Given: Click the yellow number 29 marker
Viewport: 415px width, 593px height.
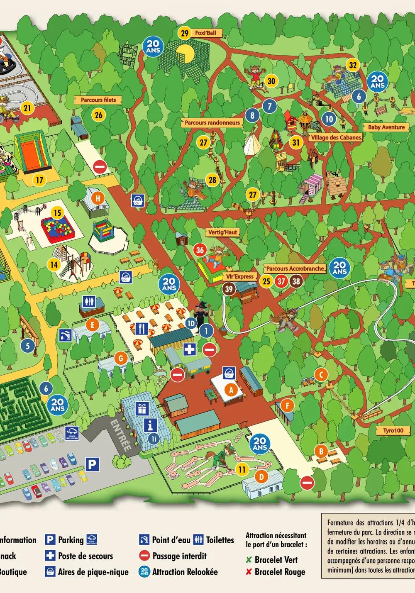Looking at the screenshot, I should tap(185, 33).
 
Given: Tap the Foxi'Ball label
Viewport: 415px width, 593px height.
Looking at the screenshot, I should tap(209, 33).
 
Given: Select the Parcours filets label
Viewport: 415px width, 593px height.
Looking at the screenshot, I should tap(98, 100).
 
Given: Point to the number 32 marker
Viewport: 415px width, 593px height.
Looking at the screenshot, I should tap(353, 65).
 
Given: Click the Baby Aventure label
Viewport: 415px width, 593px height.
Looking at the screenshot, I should tap(386, 127).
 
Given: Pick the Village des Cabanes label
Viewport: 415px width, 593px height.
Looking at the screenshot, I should tap(336, 137).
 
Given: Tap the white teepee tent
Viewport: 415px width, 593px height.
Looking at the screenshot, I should tap(252, 144).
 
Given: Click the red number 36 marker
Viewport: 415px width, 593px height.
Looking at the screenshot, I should tap(200, 250).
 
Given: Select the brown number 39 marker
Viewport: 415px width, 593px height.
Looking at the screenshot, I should tap(229, 288).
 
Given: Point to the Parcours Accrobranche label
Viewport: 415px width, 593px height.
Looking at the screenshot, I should tap(295, 269).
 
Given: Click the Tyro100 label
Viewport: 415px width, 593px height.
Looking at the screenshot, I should tap(393, 430).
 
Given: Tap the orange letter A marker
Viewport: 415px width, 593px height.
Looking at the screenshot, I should tap(231, 389).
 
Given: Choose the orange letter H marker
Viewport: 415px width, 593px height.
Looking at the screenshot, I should tap(98, 198).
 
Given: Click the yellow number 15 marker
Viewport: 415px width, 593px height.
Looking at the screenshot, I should tap(57, 213).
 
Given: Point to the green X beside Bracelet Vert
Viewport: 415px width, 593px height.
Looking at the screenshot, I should tap(249, 559).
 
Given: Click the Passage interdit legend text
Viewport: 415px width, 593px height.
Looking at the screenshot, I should tap(179, 556).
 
